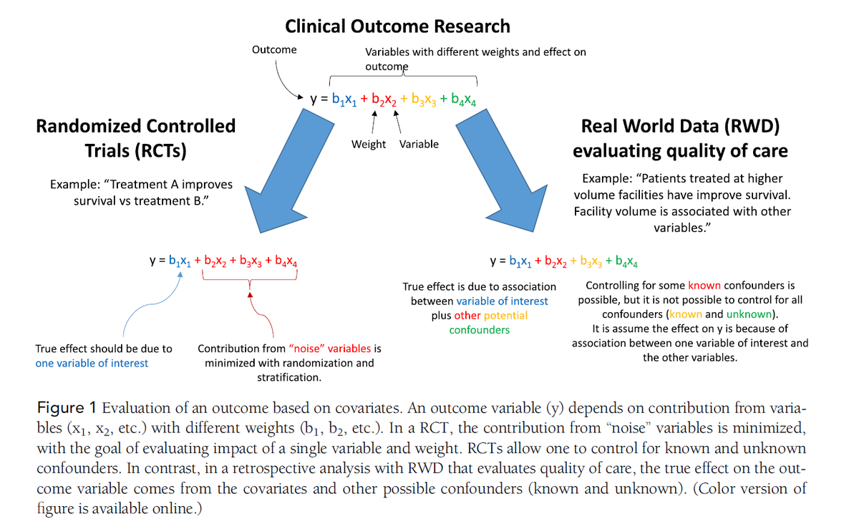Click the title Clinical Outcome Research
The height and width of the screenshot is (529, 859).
(397, 26)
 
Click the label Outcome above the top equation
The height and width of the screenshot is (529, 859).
(274, 49)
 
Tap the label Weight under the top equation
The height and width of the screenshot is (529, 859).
(369, 144)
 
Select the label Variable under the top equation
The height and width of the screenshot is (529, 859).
(419, 144)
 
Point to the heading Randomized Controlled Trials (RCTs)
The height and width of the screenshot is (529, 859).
(135, 138)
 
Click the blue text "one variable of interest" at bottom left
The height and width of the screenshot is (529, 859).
(92, 363)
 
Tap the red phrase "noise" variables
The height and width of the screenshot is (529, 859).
(330, 349)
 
